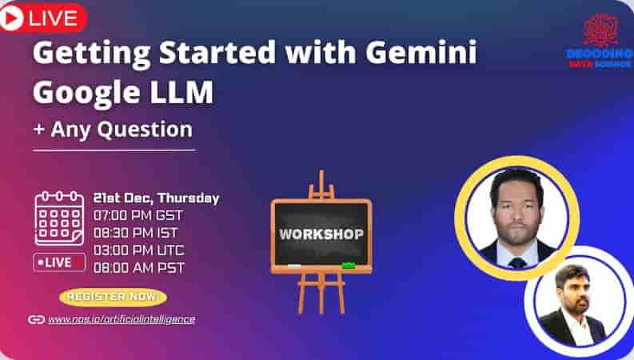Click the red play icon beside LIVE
point(11,17)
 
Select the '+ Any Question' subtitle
point(113,129)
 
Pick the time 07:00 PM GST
point(138,215)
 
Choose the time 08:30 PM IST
point(137,233)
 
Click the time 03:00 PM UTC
point(138,250)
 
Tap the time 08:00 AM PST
point(138,268)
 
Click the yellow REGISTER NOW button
point(113,297)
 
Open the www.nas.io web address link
point(121,319)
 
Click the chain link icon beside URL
point(36,319)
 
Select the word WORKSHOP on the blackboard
point(321,235)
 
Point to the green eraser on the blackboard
point(348,265)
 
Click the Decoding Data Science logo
point(600,41)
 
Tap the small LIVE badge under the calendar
point(59,262)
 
